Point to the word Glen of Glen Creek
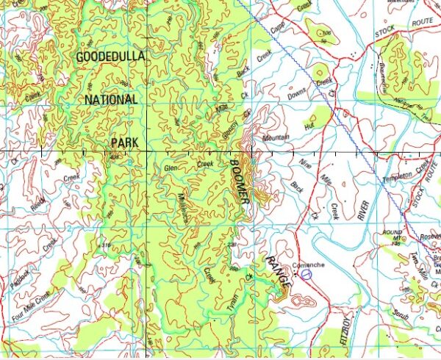click(x=172, y=169)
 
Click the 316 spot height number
click(x=107, y=247)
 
